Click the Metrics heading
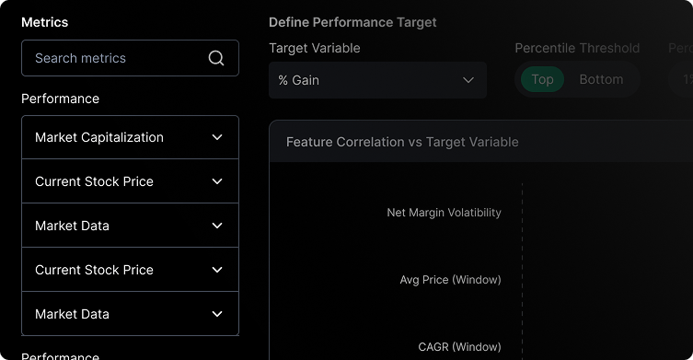(x=44, y=22)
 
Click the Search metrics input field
(x=115, y=58)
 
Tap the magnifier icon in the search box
(x=216, y=58)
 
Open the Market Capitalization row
(x=99, y=137)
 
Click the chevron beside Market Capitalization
(x=217, y=137)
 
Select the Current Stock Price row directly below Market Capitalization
(x=94, y=181)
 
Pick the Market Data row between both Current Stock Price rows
(x=72, y=226)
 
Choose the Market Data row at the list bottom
(x=72, y=314)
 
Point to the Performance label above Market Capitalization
(x=60, y=99)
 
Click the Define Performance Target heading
(x=352, y=22)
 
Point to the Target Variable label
(x=315, y=48)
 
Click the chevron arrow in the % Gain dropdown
(x=468, y=80)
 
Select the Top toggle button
(x=542, y=79)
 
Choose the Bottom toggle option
(x=601, y=79)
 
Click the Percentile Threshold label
(x=577, y=48)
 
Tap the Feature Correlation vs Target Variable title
(x=402, y=142)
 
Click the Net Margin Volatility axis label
(x=444, y=213)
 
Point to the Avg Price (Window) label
(x=450, y=280)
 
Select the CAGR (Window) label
(x=459, y=347)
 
